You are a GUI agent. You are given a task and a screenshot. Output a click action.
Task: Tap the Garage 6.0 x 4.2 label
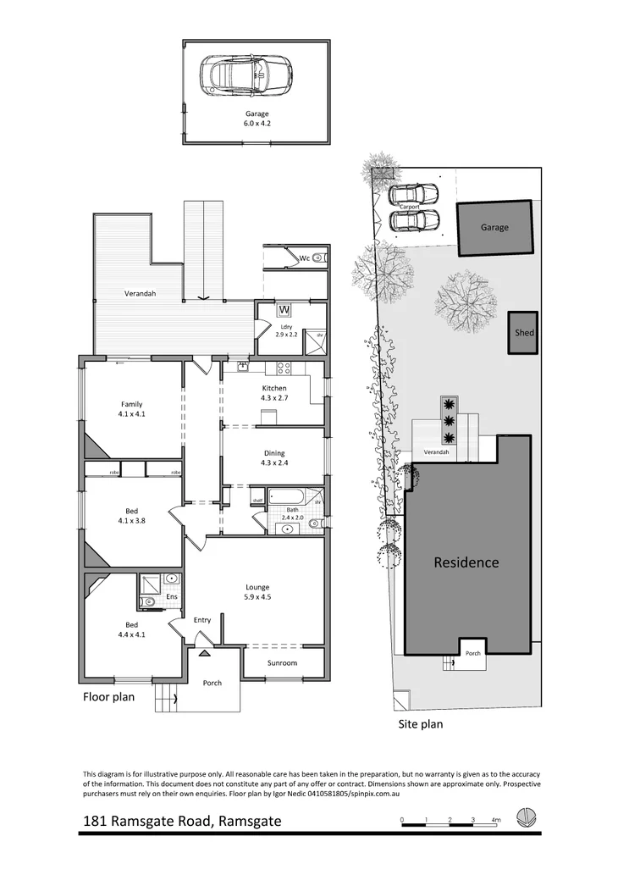pyautogui.click(x=257, y=119)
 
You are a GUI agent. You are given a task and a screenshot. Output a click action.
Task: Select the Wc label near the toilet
pyautogui.click(x=303, y=258)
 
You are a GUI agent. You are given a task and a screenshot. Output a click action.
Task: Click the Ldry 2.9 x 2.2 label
pyautogui.click(x=287, y=330)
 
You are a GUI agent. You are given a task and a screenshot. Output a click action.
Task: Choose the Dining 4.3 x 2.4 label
pyautogui.click(x=273, y=457)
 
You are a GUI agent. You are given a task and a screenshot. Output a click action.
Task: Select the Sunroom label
pyautogui.click(x=283, y=662)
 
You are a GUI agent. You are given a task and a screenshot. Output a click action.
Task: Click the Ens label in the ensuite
pyautogui.click(x=170, y=597)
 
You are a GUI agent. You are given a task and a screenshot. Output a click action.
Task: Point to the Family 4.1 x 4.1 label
pyautogui.click(x=131, y=409)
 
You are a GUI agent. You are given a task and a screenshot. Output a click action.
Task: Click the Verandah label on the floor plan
pyautogui.click(x=140, y=294)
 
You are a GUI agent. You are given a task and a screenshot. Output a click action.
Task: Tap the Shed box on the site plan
pyautogui.click(x=524, y=333)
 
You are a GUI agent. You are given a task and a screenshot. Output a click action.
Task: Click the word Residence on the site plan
pyautogui.click(x=466, y=562)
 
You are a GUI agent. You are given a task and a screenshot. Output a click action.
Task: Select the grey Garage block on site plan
pyautogui.click(x=495, y=228)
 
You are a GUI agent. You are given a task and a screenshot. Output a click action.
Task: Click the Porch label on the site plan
pyautogui.click(x=473, y=653)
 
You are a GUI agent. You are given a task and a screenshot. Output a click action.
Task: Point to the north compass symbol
pyautogui.click(x=527, y=820)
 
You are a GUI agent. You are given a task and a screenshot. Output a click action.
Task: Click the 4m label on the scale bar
pyautogui.click(x=496, y=819)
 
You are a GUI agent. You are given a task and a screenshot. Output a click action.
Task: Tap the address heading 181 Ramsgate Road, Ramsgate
pyautogui.click(x=182, y=821)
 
